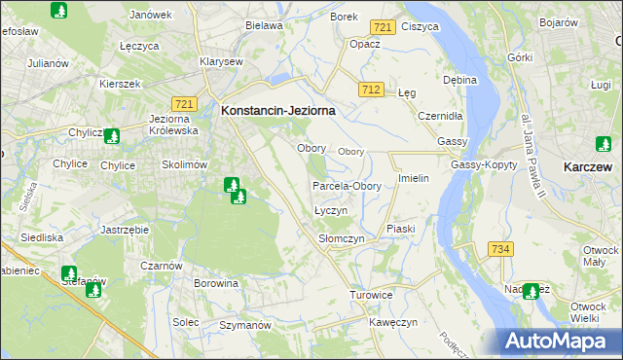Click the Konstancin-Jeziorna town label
(278, 111)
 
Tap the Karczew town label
(587, 167)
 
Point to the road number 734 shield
(500, 250)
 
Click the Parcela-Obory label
(347, 186)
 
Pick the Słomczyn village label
(341, 238)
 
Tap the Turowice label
(371, 294)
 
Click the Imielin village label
(414, 179)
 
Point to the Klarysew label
(220, 61)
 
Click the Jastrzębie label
(124, 230)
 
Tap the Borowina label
(216, 284)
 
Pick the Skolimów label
(185, 165)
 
